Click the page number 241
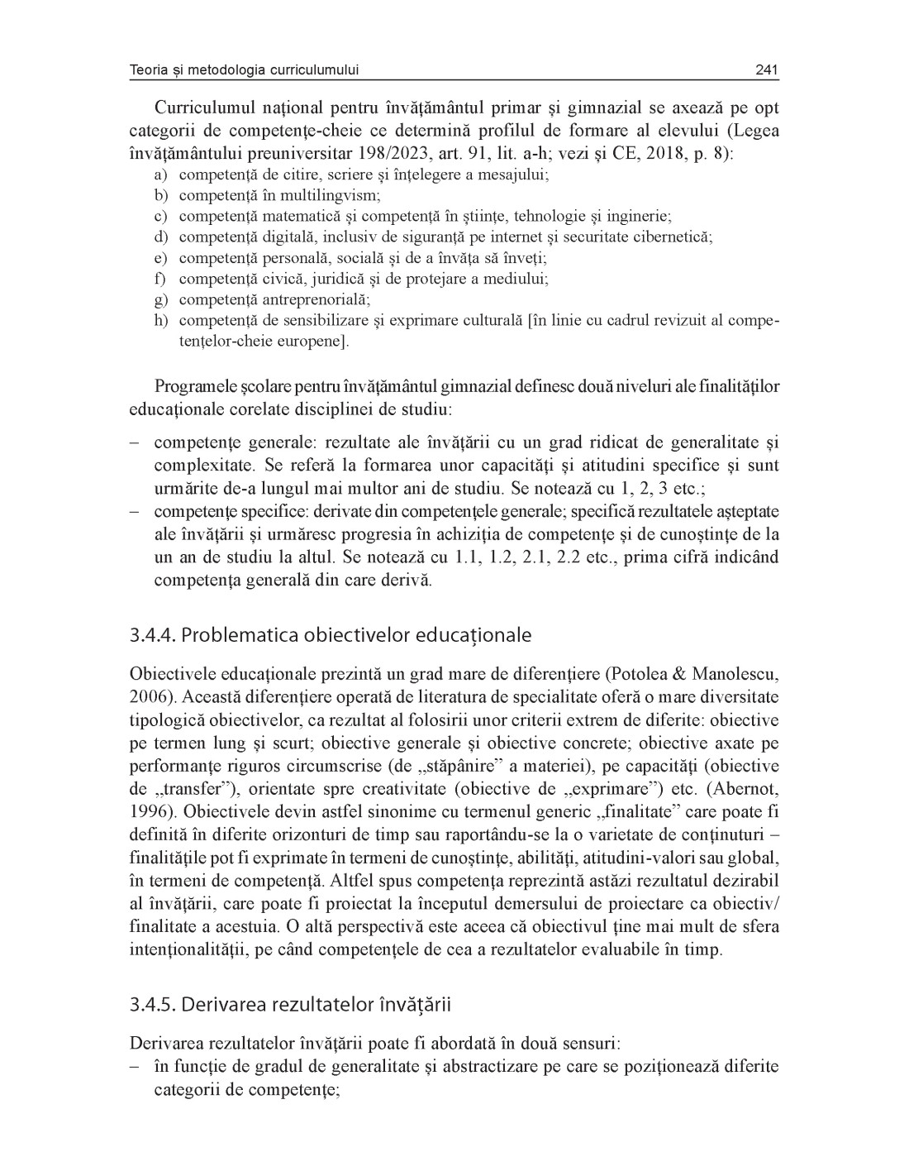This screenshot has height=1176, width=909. (x=767, y=70)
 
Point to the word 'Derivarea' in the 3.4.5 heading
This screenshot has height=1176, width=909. (x=217, y=1005)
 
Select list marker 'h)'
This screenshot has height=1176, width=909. (x=160, y=320)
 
